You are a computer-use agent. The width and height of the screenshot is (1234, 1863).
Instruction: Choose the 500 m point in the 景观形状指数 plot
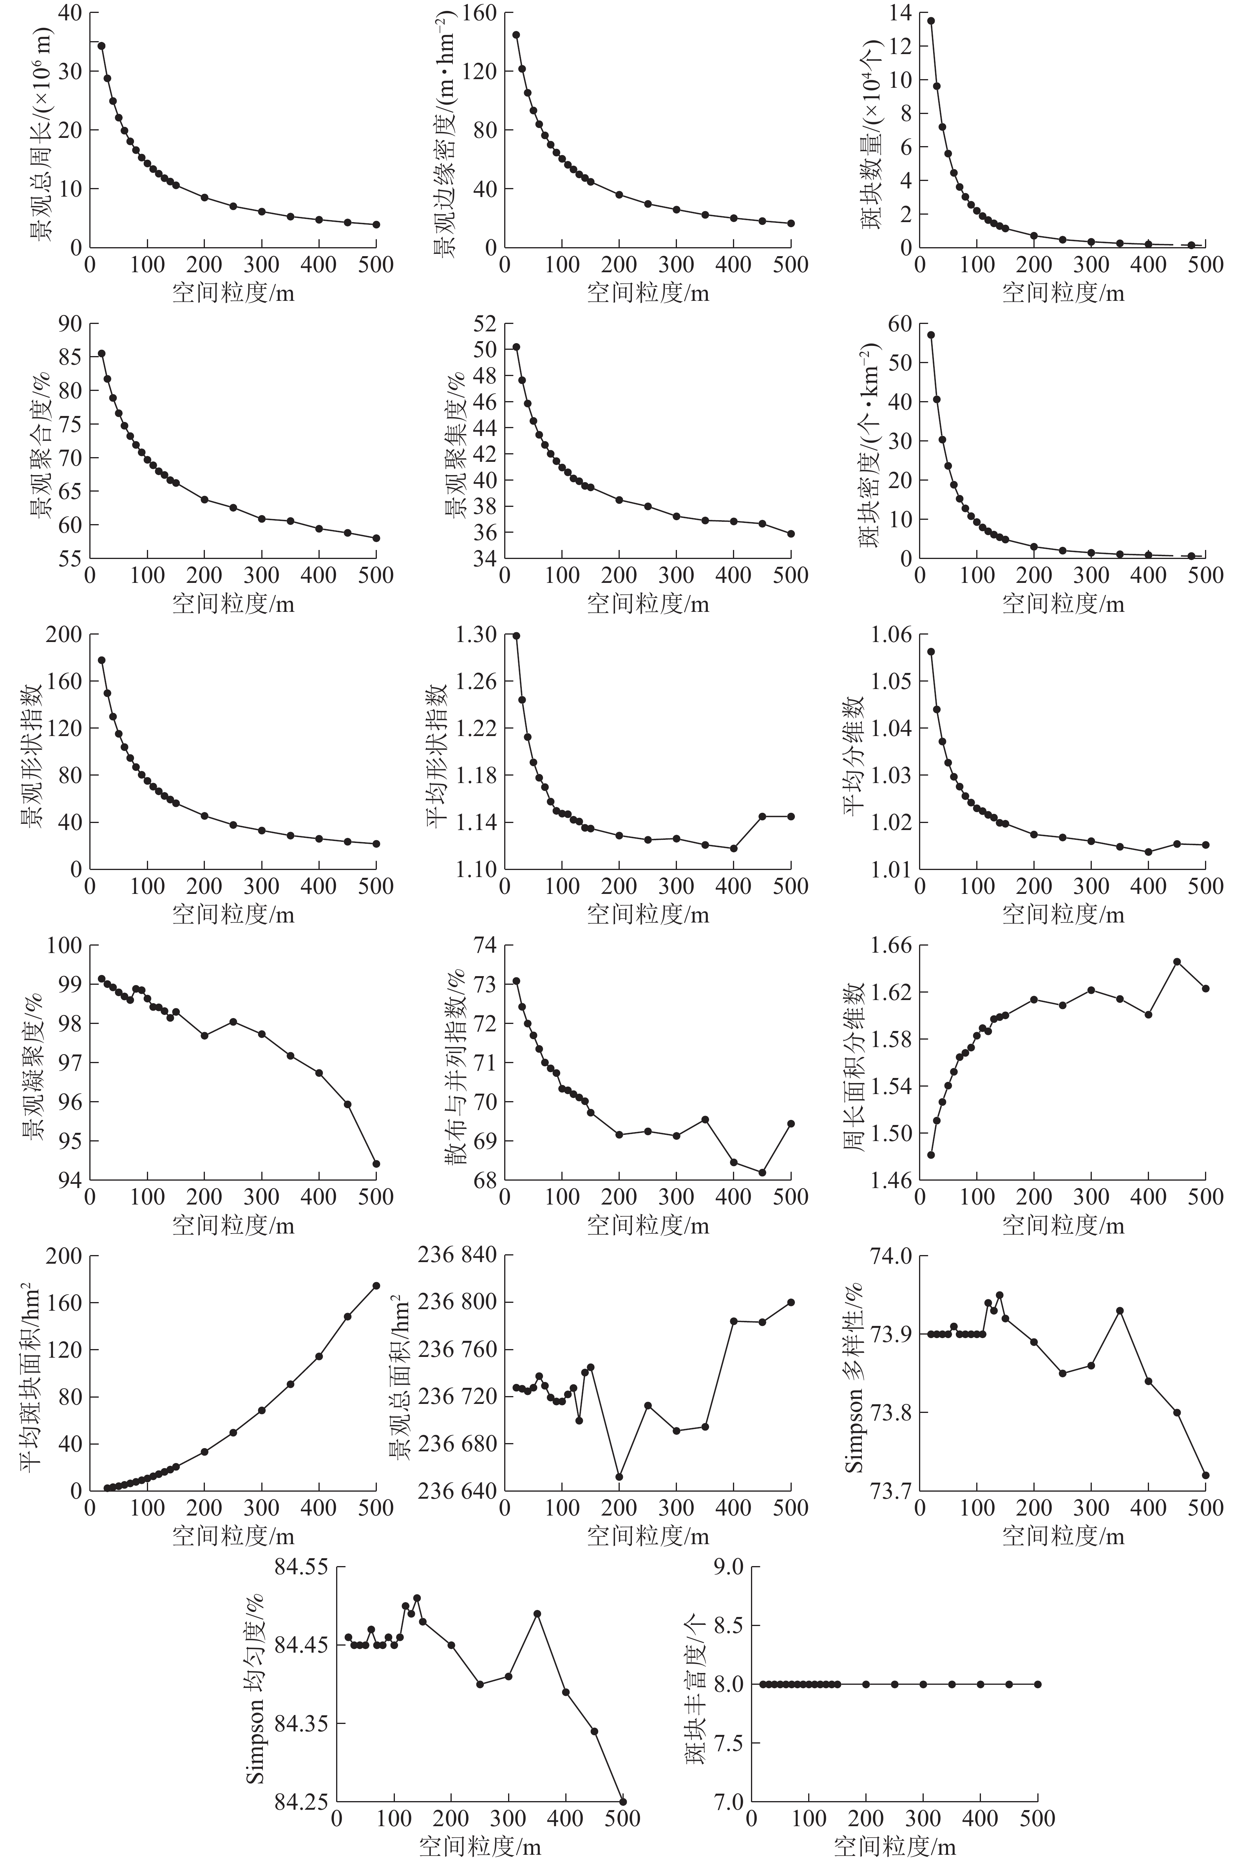pyautogui.click(x=376, y=844)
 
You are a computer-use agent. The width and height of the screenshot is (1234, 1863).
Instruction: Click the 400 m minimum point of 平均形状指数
pyautogui.click(x=733, y=848)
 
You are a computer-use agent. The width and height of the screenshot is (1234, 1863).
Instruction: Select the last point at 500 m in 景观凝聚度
pyautogui.click(x=376, y=1163)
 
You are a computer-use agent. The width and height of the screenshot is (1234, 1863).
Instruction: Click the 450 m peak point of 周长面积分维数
pyautogui.click(x=1177, y=961)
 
